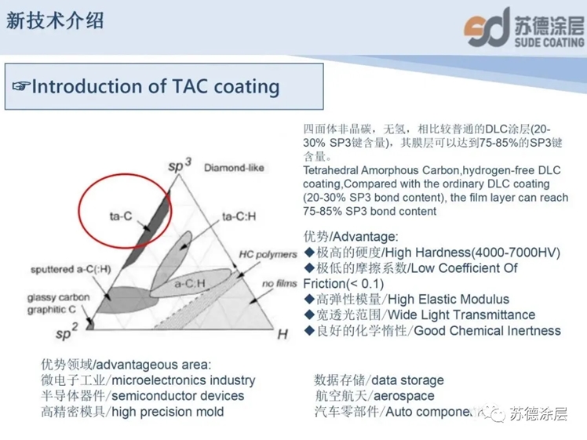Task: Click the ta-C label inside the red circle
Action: pos(121,216)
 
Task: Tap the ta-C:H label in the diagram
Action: pos(239,216)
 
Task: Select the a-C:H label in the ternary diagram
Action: pos(190,284)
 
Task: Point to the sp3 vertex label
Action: pos(180,165)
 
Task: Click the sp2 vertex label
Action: pos(67,332)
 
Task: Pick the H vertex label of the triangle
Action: pos(283,334)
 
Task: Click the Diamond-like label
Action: pos(234,168)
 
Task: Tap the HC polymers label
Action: pos(268,254)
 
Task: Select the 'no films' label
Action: pos(279,284)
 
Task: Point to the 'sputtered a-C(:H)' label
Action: pos(71,269)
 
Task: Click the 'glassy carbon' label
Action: pos(58,297)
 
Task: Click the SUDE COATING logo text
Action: pos(549,42)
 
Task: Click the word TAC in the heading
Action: pos(190,86)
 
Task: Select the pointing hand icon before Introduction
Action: pos(20,86)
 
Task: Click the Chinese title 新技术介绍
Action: pos(55,20)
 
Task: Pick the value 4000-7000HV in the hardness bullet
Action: pos(514,253)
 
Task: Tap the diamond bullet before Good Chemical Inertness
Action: pos(309,330)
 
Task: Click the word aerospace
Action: pos(404,396)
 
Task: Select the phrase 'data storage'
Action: pos(407,380)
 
